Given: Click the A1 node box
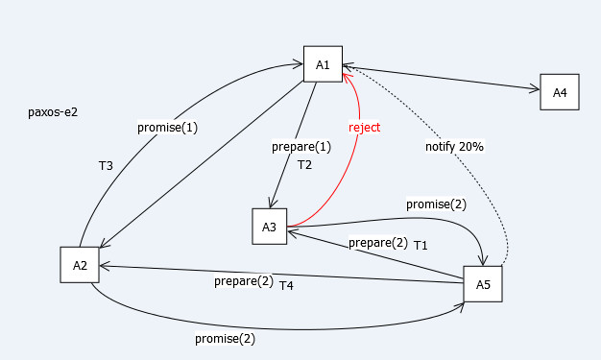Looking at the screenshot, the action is click(x=323, y=64).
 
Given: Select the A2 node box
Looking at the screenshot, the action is click(x=80, y=265).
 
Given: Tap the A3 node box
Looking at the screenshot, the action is click(x=270, y=227).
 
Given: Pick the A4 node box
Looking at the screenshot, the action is click(x=560, y=92).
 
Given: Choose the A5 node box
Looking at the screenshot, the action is click(x=483, y=284).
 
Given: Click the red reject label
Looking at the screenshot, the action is click(x=364, y=128).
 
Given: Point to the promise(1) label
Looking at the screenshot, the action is click(x=167, y=128).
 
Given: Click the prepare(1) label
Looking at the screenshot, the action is click(x=301, y=147).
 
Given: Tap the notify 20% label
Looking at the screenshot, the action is click(x=454, y=147).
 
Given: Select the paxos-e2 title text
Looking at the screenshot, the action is click(x=53, y=112).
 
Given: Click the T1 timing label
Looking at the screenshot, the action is click(x=421, y=246).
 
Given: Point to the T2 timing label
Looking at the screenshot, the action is click(x=304, y=165).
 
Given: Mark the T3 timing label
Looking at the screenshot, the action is click(x=106, y=166).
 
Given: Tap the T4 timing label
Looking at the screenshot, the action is click(x=286, y=286).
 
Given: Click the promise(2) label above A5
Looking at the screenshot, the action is click(x=436, y=204).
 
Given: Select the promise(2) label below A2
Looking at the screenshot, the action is click(x=225, y=339).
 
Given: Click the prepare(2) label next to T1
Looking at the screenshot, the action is click(x=378, y=243).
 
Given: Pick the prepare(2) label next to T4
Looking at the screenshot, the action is click(x=244, y=281).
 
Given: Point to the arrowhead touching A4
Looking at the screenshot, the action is click(x=535, y=89).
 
